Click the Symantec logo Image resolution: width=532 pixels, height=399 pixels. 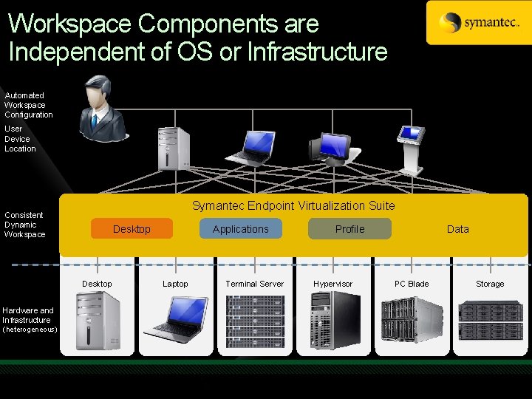pos(478,22)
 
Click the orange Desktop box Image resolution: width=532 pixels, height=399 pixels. pos(132,229)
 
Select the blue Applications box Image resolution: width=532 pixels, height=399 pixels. pos(241,229)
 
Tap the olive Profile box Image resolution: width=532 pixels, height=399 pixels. pos(349,229)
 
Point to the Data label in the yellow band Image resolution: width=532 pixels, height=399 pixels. pos(457,229)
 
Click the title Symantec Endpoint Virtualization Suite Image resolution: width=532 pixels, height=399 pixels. pos(293,205)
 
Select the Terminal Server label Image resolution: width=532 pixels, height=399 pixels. pos(255,284)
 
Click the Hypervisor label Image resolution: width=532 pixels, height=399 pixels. pos(333,284)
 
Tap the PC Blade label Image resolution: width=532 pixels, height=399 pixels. pos(412,284)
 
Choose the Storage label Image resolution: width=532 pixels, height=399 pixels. pos(490,284)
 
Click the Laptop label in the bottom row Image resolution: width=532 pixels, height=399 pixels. pos(175,284)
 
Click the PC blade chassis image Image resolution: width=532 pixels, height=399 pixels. pos(412,320)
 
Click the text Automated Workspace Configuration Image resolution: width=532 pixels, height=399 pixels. pos(29,105)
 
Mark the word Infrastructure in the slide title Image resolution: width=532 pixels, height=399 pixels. pos(317,52)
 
